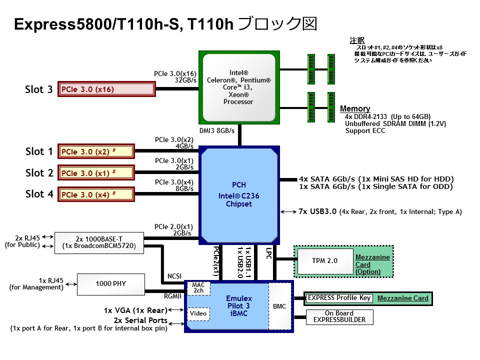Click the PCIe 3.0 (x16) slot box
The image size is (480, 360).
pos(106,89)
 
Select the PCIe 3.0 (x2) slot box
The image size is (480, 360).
pos(96,151)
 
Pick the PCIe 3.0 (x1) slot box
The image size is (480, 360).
pos(96,173)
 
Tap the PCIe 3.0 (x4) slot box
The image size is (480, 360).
pos(96,194)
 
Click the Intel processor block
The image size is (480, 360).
pos(238,87)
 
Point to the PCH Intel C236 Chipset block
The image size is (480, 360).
pos(238,194)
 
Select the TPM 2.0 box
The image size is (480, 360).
pos(324,260)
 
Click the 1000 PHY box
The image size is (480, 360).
pos(110,284)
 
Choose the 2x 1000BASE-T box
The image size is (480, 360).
pos(98,242)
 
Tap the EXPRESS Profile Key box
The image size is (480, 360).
pos(339,298)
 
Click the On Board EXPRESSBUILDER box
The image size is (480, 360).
pos(339,316)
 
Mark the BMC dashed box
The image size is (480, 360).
pos(279,306)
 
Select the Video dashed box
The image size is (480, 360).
pos(198,313)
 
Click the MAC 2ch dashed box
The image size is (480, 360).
pos(198,288)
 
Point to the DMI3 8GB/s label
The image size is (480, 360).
pos(217,130)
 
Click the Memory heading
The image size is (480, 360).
pos(355,108)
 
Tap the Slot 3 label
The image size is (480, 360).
pos(39,89)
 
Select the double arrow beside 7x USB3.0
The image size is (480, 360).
pos(288,212)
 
